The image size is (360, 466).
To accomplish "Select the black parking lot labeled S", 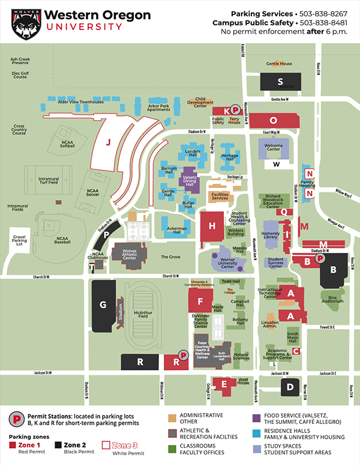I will point(280,82).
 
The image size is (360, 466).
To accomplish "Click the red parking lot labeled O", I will point(274,120).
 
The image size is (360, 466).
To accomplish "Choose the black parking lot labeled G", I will point(103,304).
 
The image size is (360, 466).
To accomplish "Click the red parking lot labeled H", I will point(212,226).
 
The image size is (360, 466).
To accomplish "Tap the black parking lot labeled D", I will point(290,386).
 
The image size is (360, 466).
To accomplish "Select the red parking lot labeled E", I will point(224,384).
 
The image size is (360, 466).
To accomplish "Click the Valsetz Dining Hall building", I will point(190,181).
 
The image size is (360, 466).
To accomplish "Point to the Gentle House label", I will point(280,64).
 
